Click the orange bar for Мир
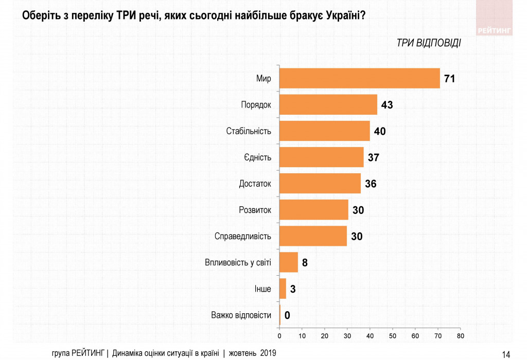359,78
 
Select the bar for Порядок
328,104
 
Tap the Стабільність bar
324,131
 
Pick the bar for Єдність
321,157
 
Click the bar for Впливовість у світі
288,262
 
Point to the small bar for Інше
283,289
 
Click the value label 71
451,79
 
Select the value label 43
388,105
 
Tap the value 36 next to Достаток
371,184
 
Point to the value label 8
305,263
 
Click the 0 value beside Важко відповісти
287,315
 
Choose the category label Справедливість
242,237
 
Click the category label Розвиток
255,210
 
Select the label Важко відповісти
241,315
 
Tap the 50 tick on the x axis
392,336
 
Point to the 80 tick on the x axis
460,336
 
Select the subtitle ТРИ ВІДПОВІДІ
429,43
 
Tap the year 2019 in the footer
268,353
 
